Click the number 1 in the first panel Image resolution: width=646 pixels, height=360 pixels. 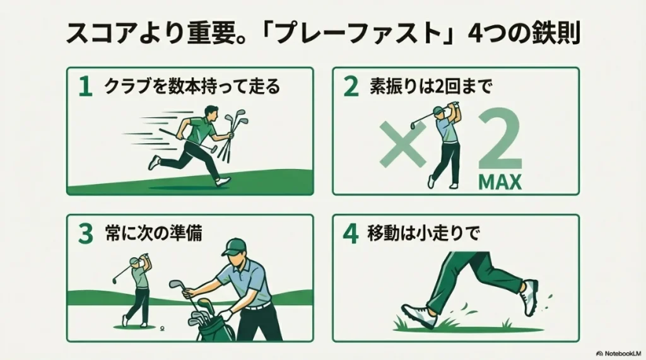point(85,87)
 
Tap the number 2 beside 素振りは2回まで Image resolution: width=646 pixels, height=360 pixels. point(351,87)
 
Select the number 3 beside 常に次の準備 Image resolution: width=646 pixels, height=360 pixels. point(85,235)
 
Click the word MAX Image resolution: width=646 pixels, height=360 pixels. point(500,182)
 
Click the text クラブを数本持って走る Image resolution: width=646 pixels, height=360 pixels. point(191,87)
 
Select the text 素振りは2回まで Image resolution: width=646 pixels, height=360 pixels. point(430,87)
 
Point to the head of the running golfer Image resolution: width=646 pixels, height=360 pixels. point(212,114)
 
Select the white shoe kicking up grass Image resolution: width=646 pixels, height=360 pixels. point(530,297)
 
